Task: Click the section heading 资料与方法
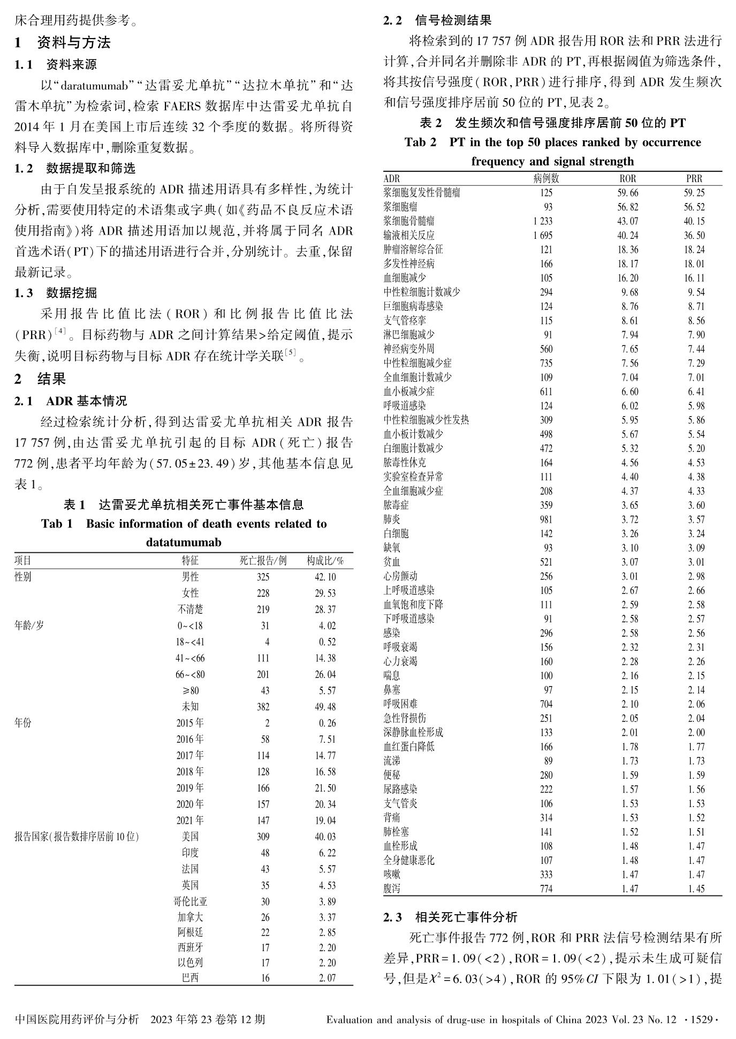coord(74,43)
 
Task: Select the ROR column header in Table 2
coord(627,179)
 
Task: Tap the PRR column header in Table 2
coord(694,179)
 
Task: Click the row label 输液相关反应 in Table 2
coord(409,235)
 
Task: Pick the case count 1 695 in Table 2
coord(542,235)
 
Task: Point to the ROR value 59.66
coord(627,193)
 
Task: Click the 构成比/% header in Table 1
coord(325,561)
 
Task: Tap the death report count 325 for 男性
coord(263,577)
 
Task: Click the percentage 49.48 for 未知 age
coord(325,707)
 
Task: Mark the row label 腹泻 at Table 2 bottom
coord(392,889)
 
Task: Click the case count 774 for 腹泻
coord(546,889)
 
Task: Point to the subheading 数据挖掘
coord(71,292)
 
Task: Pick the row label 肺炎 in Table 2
coord(392,519)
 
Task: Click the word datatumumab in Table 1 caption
coord(184,543)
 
